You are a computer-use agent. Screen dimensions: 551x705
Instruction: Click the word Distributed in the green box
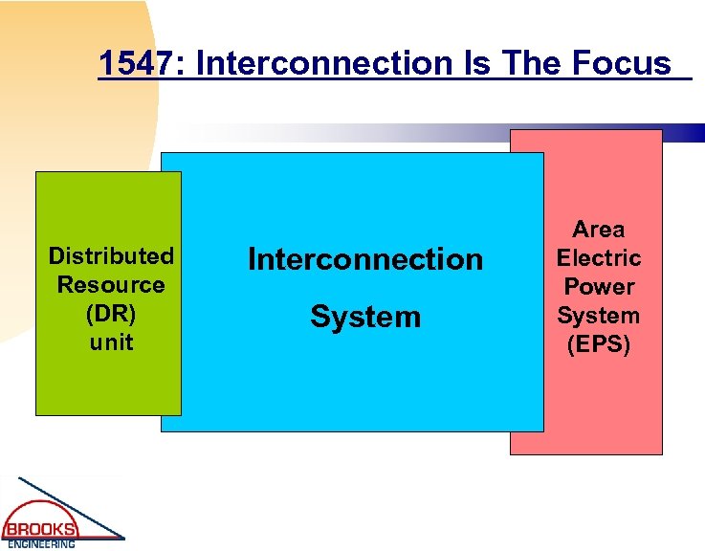click(111, 256)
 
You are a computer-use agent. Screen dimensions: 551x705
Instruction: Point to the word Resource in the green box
click(111, 285)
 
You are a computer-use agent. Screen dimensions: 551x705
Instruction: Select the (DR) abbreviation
click(111, 314)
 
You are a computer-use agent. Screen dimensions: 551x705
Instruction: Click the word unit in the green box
click(111, 342)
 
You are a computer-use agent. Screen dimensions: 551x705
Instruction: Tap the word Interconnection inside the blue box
click(365, 259)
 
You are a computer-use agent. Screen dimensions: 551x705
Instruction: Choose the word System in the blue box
click(365, 318)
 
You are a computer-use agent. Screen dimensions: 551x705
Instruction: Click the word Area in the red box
click(599, 230)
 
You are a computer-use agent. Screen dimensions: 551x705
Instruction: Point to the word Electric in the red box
click(599, 258)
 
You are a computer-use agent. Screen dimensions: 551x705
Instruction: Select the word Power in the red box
click(599, 287)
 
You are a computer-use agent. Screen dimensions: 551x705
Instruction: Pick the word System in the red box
click(599, 316)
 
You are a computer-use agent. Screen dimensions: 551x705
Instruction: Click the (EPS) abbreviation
click(599, 344)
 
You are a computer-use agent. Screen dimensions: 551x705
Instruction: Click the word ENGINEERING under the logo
click(42, 544)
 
